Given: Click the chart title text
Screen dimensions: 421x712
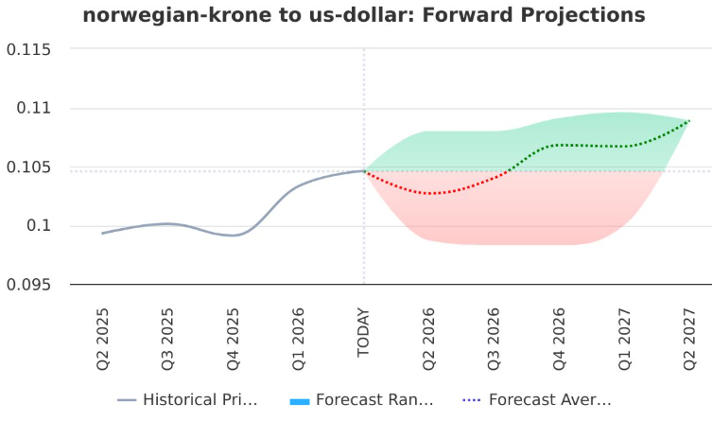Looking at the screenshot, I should coord(364,16).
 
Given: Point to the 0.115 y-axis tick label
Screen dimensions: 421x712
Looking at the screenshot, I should coord(28,49).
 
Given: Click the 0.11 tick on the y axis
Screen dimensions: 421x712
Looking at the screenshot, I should coord(34,109).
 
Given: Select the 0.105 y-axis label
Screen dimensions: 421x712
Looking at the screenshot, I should coord(28,167).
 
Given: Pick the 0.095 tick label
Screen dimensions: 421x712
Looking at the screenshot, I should coord(28,285).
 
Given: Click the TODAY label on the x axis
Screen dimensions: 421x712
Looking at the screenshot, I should coord(363,332).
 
